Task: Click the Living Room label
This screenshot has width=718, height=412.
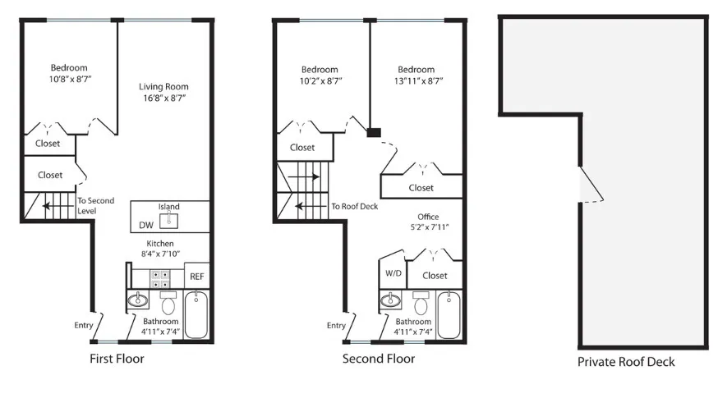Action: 163,86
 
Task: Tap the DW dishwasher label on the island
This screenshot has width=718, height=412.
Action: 145,225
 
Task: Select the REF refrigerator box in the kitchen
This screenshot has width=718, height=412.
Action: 197,277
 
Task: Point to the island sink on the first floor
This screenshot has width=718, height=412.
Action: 170,220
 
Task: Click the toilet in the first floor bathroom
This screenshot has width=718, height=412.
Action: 169,304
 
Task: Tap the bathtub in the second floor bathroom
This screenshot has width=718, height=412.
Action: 449,314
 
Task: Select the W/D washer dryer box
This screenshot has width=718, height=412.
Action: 393,274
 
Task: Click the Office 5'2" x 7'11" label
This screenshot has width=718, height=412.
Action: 428,222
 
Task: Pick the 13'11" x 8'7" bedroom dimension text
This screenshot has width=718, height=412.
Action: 416,81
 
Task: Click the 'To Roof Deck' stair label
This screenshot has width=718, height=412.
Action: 354,207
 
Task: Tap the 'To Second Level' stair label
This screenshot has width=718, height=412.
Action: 96,205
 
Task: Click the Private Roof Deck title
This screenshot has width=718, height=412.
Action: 626,362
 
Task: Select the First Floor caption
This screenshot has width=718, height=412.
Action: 116,359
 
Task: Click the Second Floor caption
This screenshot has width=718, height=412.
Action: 378,359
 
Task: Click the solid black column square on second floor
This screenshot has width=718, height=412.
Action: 374,131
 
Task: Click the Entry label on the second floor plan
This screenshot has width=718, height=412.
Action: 336,326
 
